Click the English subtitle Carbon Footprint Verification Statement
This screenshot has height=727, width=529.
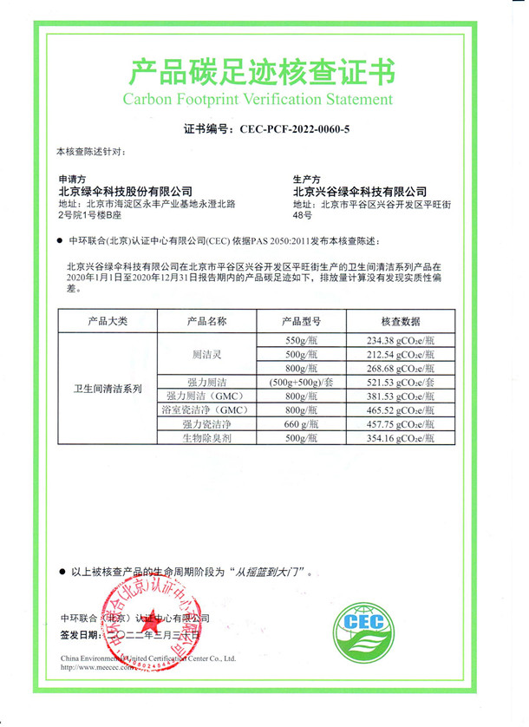pyautogui.click(x=264, y=99)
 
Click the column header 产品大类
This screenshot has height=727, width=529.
pyautogui.click(x=108, y=321)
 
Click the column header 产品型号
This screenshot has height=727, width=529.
pyautogui.click(x=304, y=321)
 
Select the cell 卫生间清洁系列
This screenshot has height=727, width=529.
pyautogui.click(x=108, y=388)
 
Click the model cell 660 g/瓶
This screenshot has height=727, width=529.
pyautogui.click(x=304, y=424)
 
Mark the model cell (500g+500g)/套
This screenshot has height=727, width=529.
pyautogui.click(x=304, y=382)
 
